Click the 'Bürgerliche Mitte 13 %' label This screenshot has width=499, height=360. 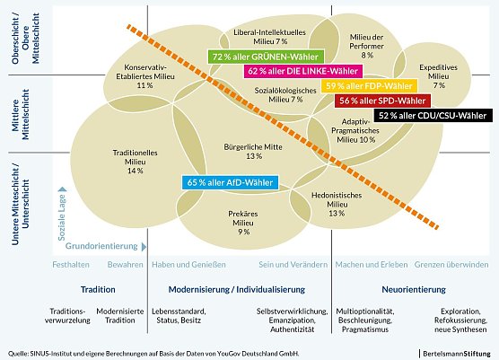pos(251,151)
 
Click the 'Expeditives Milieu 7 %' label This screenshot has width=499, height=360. pos(438,76)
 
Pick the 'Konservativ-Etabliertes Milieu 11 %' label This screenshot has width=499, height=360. pos(144,76)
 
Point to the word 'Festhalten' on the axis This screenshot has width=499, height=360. pos(71,267)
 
